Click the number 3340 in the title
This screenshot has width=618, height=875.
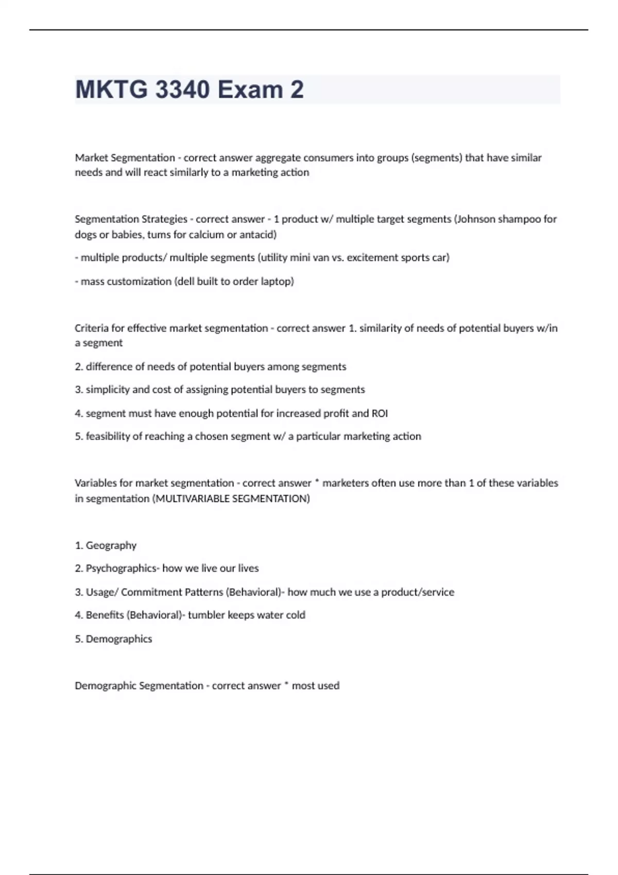coord(182,90)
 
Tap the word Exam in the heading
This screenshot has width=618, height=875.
coord(250,90)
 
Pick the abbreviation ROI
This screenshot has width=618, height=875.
coord(380,413)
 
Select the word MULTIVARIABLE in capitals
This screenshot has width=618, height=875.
coord(193,499)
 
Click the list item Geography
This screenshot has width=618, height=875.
coord(111,546)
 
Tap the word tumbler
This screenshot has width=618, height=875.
coord(206,615)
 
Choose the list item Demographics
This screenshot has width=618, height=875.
coord(119,639)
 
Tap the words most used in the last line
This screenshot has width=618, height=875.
coord(315,686)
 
